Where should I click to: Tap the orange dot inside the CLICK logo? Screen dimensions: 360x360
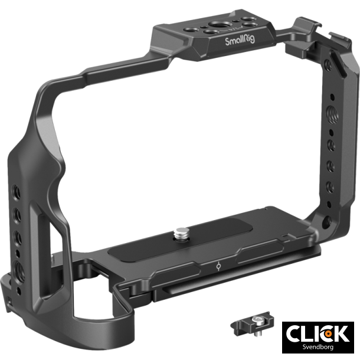point(326,333)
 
